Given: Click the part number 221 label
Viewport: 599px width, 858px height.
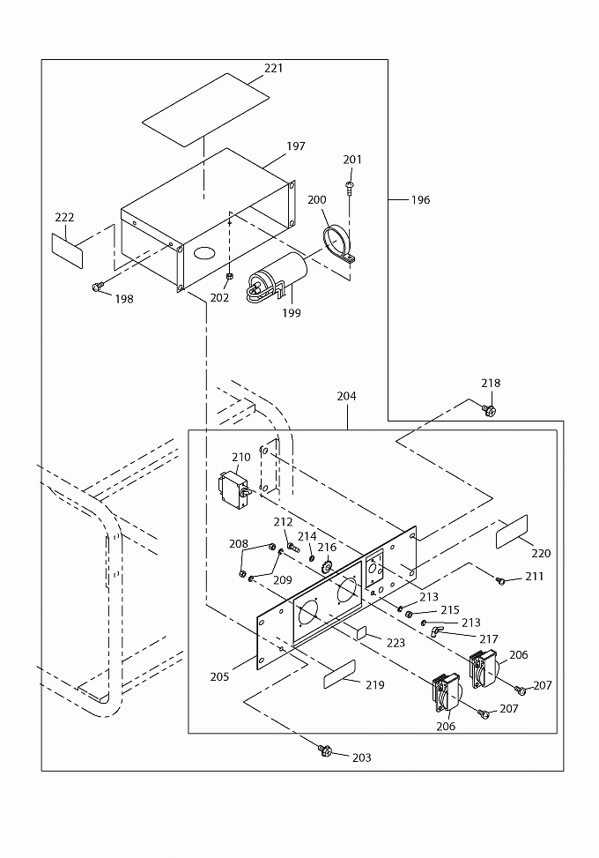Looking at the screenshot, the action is click(274, 68).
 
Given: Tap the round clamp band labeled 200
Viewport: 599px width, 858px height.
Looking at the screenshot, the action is click(338, 242).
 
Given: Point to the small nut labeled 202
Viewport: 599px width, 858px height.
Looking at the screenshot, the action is click(230, 275).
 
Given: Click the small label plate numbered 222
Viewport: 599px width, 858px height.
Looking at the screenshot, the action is click(67, 250).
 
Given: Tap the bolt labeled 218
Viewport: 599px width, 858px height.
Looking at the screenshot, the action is click(489, 409).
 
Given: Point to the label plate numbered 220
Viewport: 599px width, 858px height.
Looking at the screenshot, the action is click(512, 532).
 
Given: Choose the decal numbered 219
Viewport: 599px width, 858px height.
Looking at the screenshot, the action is click(339, 674).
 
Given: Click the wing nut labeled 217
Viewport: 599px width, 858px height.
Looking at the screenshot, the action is click(436, 632).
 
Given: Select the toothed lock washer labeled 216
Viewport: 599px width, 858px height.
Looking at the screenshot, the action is click(328, 567).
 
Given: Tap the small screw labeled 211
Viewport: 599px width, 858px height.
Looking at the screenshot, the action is click(500, 580).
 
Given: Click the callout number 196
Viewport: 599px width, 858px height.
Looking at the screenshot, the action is click(421, 199).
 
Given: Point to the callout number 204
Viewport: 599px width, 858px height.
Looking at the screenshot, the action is click(346, 396).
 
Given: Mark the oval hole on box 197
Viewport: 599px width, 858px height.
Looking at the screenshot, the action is click(205, 252).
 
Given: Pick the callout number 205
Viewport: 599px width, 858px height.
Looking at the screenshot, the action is click(219, 677).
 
